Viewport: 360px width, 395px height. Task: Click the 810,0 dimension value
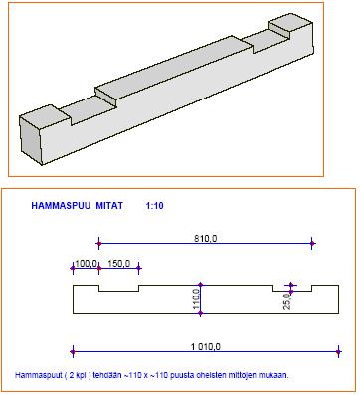205,238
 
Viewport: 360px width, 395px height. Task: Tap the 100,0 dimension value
86,264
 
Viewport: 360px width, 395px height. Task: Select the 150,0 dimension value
119,264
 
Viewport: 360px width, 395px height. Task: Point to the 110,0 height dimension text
196,298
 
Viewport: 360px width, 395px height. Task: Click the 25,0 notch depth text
287,301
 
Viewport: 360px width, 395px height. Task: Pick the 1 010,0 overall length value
206,347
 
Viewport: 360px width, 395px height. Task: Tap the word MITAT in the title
109,206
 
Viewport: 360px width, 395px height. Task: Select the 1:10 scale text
154,206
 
